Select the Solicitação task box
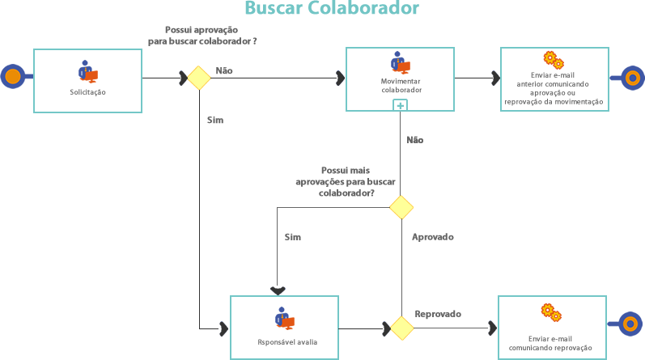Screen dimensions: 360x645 point(87,80)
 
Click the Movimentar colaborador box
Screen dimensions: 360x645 point(401,78)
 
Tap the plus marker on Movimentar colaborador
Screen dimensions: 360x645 point(401,105)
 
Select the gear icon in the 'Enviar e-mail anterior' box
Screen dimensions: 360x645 point(554,59)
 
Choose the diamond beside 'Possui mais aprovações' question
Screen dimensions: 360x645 point(401,207)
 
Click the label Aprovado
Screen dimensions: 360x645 point(433,237)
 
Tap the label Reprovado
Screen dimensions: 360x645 point(438,313)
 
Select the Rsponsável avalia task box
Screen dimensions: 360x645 point(285,327)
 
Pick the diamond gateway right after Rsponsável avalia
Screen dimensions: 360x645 point(401,328)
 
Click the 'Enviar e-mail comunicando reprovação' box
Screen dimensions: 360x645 point(550,328)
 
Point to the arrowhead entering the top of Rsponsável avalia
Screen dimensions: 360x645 point(278,290)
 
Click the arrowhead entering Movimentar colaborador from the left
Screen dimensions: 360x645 point(340,78)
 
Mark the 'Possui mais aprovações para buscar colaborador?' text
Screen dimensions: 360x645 point(347,182)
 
